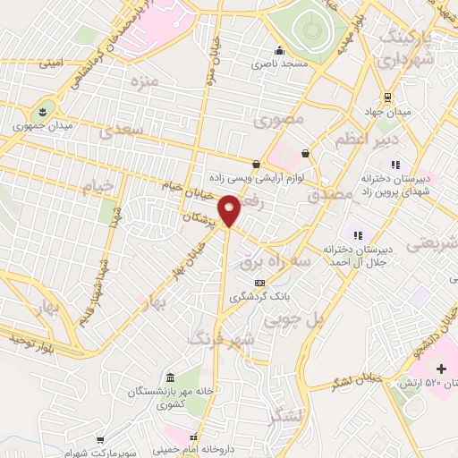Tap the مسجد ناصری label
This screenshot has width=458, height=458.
point(279,64)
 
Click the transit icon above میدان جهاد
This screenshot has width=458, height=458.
point(387,98)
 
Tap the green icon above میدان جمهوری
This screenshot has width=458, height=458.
point(39,112)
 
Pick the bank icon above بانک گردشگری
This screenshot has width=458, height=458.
point(259,283)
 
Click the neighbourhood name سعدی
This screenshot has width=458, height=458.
point(123,131)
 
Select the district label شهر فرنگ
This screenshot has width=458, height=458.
point(222,337)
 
